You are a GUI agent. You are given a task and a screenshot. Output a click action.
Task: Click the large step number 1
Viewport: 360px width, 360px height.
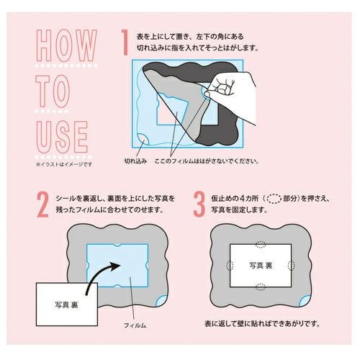125,42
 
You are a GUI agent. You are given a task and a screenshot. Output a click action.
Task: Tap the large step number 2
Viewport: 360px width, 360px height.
42,204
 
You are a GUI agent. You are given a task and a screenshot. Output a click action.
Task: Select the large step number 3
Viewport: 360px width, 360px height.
199,204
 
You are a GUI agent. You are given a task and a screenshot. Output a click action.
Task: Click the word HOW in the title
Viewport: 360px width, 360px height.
66,45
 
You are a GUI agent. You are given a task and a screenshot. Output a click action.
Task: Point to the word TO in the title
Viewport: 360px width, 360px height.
53,91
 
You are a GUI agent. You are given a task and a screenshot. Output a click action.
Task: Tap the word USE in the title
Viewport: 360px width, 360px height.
62,137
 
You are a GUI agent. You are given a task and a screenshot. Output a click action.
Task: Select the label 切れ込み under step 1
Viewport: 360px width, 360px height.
135,161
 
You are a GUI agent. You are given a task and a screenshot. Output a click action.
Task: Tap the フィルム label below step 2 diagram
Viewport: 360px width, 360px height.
135,325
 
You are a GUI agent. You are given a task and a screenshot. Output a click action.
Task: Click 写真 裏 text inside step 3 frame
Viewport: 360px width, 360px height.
261,266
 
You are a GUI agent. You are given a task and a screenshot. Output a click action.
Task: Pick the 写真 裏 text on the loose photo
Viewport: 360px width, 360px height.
66,305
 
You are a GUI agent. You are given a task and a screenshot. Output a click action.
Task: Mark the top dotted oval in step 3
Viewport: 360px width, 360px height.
261,244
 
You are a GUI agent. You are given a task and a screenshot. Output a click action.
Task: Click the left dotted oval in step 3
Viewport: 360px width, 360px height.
230,265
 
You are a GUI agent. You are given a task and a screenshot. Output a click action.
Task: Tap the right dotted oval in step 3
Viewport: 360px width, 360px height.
291,265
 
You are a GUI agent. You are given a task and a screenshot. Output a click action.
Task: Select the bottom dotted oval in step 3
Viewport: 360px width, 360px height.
261,287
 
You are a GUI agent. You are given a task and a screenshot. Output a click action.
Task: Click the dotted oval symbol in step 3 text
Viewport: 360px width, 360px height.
274,199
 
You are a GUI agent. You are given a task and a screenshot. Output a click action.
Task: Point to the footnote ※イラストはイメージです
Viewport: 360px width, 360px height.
64,164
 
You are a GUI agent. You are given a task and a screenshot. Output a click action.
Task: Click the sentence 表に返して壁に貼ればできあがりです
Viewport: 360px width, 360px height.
262,324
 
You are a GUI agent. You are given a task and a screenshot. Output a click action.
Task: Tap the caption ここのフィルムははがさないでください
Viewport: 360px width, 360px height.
207,161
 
